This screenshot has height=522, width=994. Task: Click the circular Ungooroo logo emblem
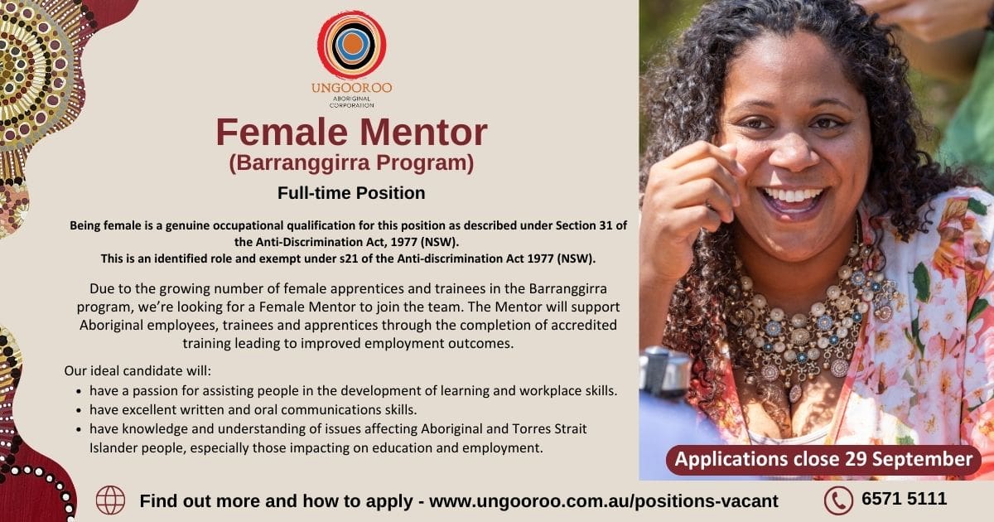352,45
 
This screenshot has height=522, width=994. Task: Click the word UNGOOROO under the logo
352,88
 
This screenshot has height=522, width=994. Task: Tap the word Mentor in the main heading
423,132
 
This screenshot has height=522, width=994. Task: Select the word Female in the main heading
282,132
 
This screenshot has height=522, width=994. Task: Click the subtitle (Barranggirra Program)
351,163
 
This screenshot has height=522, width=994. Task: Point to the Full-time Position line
351,193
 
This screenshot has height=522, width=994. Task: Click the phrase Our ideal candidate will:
138,370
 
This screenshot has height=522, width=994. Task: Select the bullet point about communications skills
253,409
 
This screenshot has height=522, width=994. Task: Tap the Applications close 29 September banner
823,459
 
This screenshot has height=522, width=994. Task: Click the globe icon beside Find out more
110,500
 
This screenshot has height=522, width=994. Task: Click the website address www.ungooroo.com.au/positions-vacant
604,501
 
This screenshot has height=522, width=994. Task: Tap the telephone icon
838,500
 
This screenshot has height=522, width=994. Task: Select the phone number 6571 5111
905,499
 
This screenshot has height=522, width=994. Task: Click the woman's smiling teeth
793,195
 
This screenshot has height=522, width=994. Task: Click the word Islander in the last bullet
113,448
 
